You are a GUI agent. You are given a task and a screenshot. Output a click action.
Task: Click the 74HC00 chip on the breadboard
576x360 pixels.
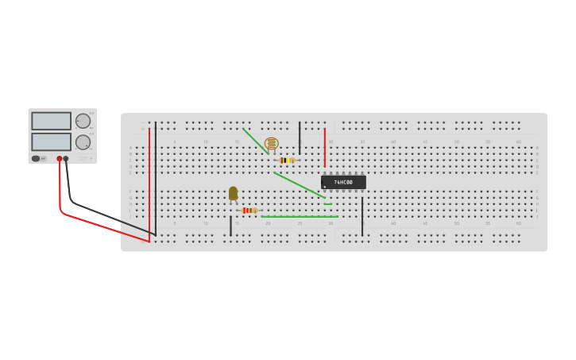click(x=343, y=182)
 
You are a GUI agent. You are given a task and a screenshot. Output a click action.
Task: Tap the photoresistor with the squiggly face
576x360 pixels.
click(x=272, y=144)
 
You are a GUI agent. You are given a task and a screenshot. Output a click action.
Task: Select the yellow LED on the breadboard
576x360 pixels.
click(x=233, y=193)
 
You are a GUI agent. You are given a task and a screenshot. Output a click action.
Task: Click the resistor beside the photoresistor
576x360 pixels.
click(x=287, y=161)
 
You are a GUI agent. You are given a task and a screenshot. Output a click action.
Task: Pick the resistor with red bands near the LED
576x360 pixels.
click(x=249, y=211)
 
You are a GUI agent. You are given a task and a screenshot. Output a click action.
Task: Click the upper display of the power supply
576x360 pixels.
click(x=51, y=121)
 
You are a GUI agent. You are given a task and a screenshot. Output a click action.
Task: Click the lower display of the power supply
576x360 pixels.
click(x=51, y=141)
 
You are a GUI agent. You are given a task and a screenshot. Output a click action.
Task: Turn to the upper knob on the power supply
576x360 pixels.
click(x=83, y=121)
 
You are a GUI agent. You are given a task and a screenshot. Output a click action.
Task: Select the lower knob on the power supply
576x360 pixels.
click(x=83, y=142)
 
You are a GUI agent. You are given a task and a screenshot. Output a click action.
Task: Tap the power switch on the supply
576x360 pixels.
click(x=36, y=158)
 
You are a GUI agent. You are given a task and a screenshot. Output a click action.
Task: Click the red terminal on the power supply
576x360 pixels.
click(x=59, y=159)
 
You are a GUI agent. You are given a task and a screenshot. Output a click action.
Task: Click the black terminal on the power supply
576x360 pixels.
click(x=66, y=159)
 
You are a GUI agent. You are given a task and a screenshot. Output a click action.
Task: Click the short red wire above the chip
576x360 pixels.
click(x=324, y=147)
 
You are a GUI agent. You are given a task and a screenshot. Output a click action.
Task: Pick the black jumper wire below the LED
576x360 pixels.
click(x=231, y=226)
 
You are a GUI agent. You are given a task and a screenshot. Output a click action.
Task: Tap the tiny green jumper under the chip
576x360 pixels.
click(x=327, y=204)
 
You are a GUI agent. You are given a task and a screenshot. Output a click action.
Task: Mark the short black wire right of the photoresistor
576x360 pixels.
click(x=300, y=137)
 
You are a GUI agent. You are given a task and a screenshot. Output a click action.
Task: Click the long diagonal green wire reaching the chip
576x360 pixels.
click(x=300, y=185)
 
